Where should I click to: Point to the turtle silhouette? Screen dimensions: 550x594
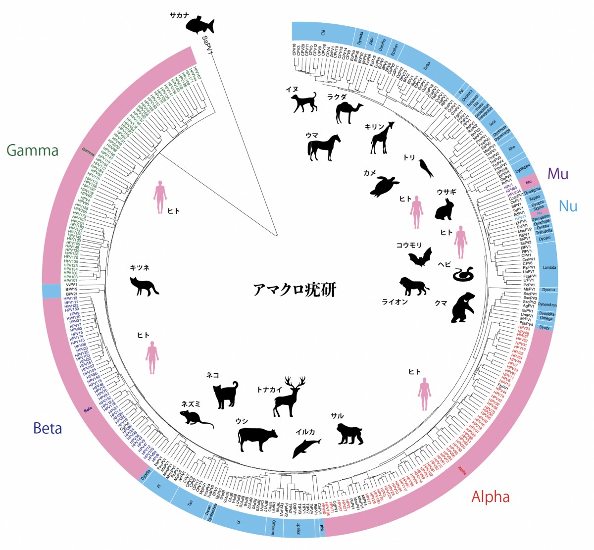tap(385, 187)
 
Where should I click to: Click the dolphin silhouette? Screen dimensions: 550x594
tap(306, 447)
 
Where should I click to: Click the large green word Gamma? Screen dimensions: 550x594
tap(33, 150)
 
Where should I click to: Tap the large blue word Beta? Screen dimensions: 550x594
tap(48, 428)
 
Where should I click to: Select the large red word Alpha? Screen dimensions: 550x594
tap(490, 497)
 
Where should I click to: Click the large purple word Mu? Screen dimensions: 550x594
tap(558, 174)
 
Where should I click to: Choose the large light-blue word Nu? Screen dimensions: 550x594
tap(568, 206)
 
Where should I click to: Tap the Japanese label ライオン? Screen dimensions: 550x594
tap(395, 301)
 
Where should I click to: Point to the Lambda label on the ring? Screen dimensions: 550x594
tap(549, 268)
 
